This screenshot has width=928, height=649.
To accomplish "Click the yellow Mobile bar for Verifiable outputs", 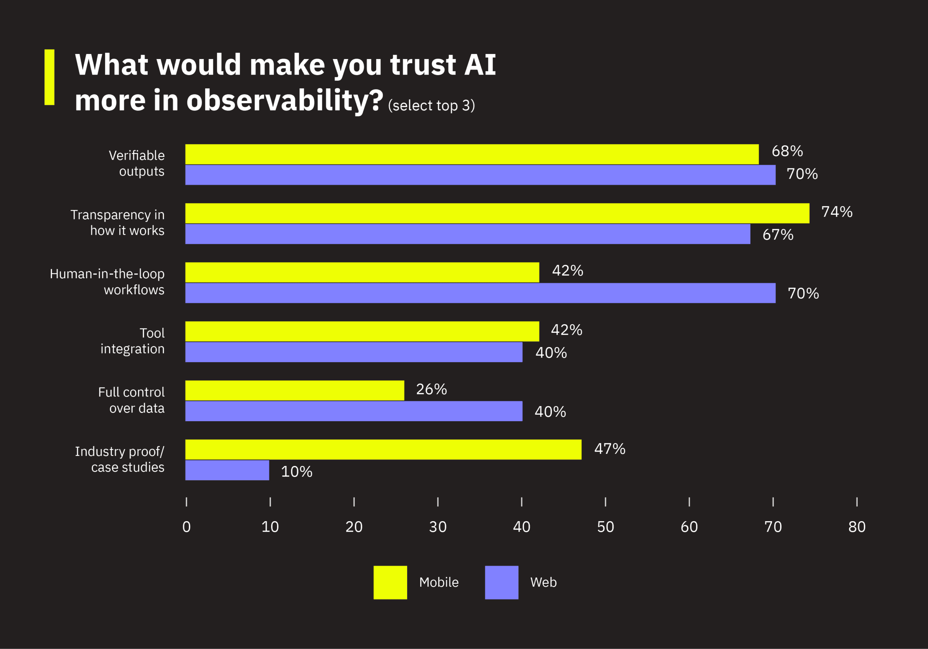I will (472, 154).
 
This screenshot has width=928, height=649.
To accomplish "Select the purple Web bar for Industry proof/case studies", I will (227, 470).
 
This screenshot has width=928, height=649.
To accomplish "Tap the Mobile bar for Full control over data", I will (295, 390).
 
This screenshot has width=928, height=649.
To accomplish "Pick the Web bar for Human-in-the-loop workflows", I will (480, 293).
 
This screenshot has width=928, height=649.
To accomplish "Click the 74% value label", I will (837, 212).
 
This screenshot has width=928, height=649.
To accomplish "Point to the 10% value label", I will (297, 472).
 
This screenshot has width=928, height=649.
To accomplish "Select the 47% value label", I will (609, 449).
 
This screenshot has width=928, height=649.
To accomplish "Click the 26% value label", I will (431, 389).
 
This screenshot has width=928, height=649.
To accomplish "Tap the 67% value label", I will (778, 235).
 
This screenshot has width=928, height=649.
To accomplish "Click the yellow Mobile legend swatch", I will (390, 582).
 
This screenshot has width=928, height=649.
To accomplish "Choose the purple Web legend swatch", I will (502, 582).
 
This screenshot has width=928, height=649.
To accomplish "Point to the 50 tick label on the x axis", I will (605, 527).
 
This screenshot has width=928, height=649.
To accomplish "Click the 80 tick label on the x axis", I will (857, 527).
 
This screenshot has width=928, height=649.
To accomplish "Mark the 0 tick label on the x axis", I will (186, 527).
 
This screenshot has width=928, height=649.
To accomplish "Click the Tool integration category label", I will (133, 341).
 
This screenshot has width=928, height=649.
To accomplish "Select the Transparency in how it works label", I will (117, 222).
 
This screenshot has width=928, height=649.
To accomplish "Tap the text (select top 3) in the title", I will (431, 105).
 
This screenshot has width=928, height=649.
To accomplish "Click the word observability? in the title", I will (285, 100).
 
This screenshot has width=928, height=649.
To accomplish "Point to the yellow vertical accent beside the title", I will (49, 77).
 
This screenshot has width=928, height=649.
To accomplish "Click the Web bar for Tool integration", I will (354, 352).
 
